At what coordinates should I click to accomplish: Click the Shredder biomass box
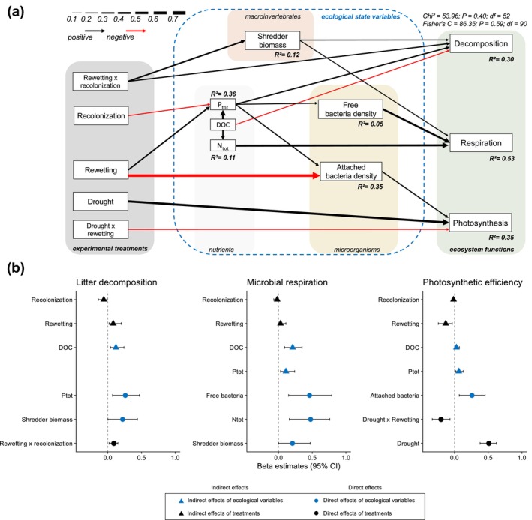pyautogui.click(x=272, y=40)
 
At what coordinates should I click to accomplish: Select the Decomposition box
pyautogui.click(x=481, y=43)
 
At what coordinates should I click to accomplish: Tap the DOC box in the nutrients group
pyautogui.click(x=223, y=124)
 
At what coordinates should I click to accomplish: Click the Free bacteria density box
pyautogui.click(x=350, y=109)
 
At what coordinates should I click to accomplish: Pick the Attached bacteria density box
pyautogui.click(x=351, y=172)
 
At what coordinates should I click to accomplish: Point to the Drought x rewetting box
pyautogui.click(x=101, y=229)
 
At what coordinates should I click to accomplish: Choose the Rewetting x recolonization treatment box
pyautogui.click(x=101, y=82)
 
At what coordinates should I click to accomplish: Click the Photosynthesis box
pyautogui.click(x=480, y=223)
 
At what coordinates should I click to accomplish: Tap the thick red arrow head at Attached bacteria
pyautogui.click(x=316, y=175)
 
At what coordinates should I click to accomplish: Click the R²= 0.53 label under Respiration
pyautogui.click(x=502, y=158)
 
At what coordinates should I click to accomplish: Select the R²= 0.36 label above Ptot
pyautogui.click(x=224, y=94)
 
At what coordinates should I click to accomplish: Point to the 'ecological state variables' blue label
pyautogui.click(x=361, y=16)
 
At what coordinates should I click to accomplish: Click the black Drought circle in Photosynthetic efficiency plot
pyautogui.click(x=489, y=444)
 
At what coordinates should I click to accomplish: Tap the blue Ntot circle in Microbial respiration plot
pyautogui.click(x=311, y=420)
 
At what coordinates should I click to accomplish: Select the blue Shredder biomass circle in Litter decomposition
pyautogui.click(x=122, y=420)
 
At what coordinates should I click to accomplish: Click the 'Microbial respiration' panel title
pyautogui.click(x=287, y=282)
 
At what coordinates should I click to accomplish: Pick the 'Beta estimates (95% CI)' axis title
pyautogui.click(x=299, y=466)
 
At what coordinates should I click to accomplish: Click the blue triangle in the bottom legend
pyautogui.click(x=181, y=501)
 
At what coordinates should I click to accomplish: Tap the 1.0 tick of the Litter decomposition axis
pyautogui.click(x=175, y=457)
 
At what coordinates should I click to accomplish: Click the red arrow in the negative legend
pyautogui.click(x=136, y=31)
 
